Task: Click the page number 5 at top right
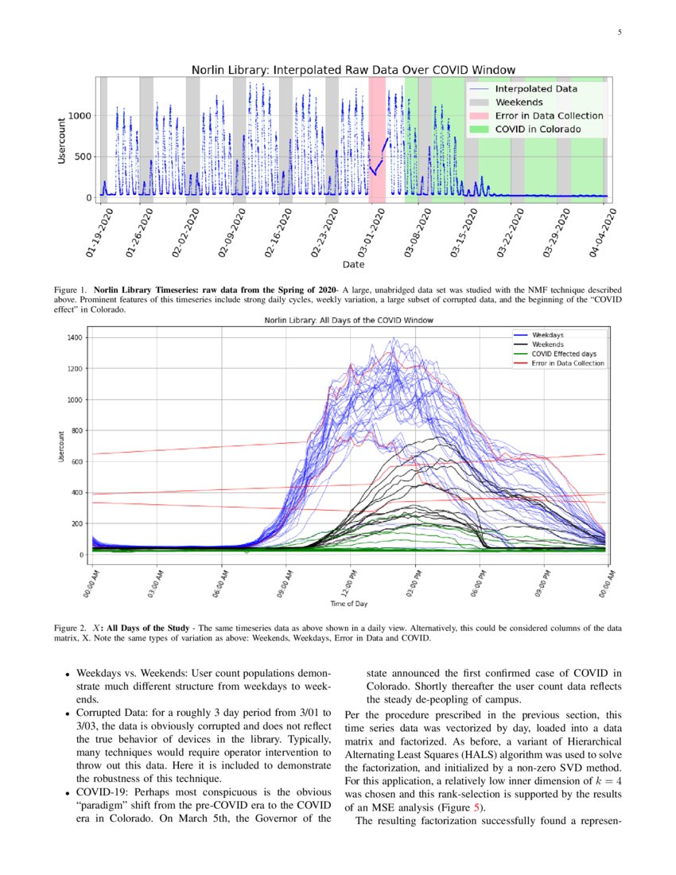coord(620,33)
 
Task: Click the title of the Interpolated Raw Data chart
coord(353,70)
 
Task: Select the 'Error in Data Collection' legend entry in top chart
coord(549,115)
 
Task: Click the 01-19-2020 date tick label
coord(99,232)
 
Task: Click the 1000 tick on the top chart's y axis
coord(81,115)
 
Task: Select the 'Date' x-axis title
coord(353,264)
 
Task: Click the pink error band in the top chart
coord(377,135)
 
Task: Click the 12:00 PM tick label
coord(352,582)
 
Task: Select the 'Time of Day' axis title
coord(349,605)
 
